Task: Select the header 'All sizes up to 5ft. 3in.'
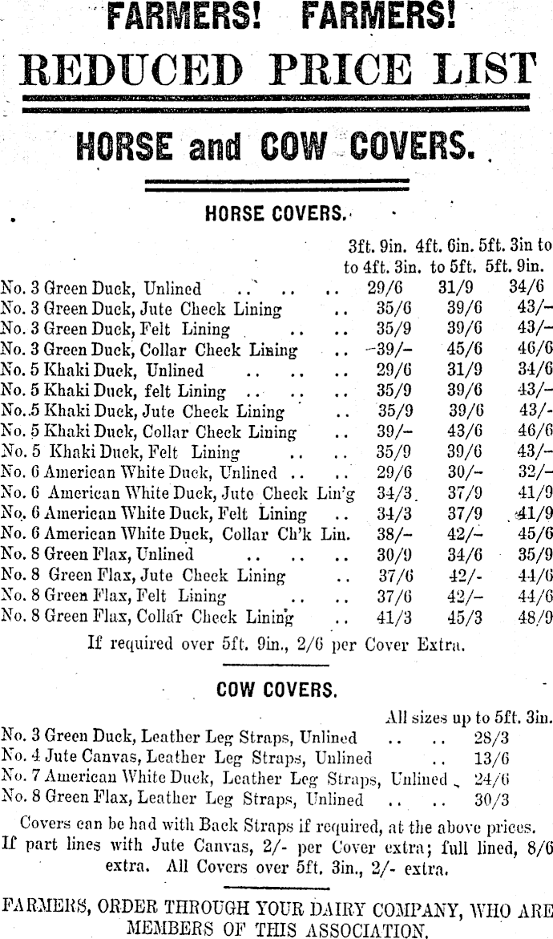(469, 717)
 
